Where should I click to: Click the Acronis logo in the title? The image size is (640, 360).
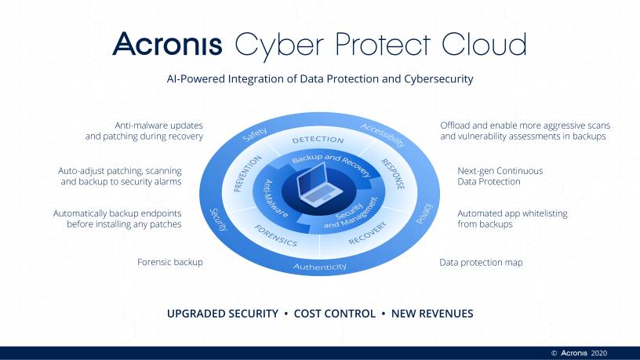167,43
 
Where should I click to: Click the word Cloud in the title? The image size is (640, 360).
484,43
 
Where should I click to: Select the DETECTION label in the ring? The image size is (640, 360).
318,140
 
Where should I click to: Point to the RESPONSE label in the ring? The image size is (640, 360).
393,174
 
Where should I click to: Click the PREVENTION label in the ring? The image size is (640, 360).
247,173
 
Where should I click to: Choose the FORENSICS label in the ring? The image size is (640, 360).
276,235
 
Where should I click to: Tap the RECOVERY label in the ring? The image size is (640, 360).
367,233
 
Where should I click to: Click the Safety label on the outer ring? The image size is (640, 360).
254,134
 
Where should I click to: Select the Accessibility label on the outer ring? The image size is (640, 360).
383,135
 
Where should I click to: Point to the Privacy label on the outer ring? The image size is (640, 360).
424,213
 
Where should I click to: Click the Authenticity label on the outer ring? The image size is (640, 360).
319,267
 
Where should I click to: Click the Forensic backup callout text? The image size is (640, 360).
169,262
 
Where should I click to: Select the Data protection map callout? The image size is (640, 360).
481,263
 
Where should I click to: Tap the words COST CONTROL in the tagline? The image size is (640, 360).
335,314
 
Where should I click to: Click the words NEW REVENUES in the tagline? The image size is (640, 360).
432,314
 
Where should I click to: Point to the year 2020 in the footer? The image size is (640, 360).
598,353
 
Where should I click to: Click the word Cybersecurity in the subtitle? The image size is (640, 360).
438,78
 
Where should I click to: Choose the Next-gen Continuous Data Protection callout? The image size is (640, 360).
500,176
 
